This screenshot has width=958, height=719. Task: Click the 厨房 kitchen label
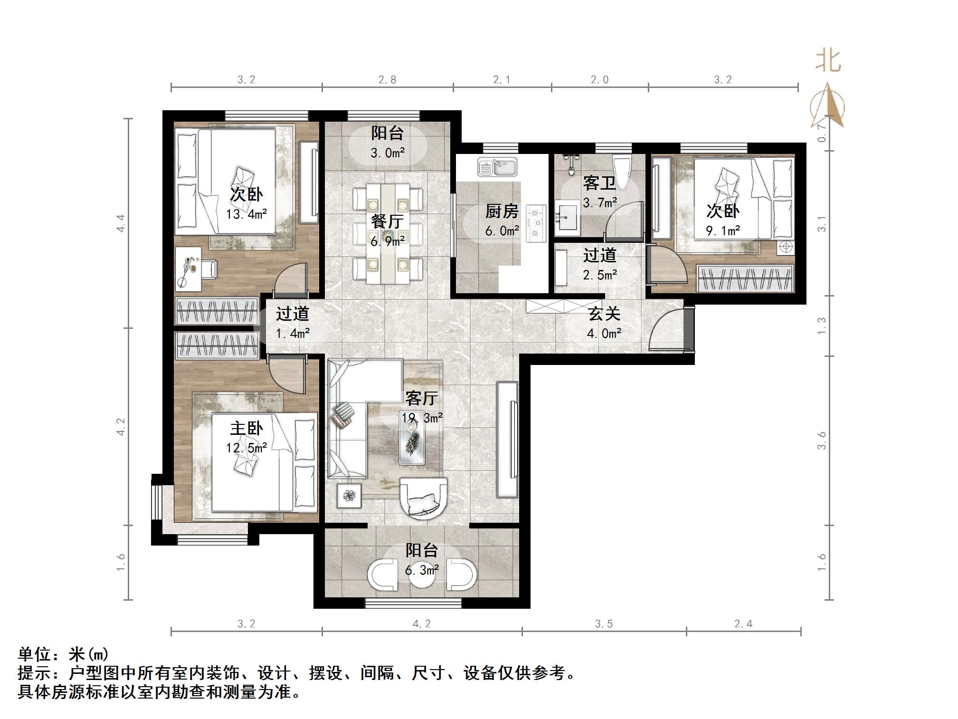pyautogui.click(x=502, y=211)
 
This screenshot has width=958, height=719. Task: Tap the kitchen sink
pyautogui.click(x=497, y=167)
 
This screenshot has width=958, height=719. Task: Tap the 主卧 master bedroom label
pyautogui.click(x=246, y=428)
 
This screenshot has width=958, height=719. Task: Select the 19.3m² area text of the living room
pyautogui.click(x=422, y=418)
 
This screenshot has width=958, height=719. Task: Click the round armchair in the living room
pyautogui.click(x=423, y=497)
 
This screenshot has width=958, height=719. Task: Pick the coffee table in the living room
pyautogui.click(x=412, y=442)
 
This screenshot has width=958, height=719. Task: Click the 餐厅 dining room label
pyautogui.click(x=387, y=221)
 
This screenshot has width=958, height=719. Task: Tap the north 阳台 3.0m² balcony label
pyautogui.click(x=387, y=133)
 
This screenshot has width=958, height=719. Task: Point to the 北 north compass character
pyautogui.click(x=828, y=61)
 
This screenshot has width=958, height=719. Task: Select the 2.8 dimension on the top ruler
pyautogui.click(x=387, y=79)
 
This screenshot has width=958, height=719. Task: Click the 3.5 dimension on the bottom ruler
pyautogui.click(x=604, y=623)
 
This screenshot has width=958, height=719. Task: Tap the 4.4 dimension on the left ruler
pyautogui.click(x=121, y=223)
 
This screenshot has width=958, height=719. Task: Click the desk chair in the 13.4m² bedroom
pyautogui.click(x=209, y=269)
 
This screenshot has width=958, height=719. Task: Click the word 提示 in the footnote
pyautogui.click(x=34, y=673)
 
